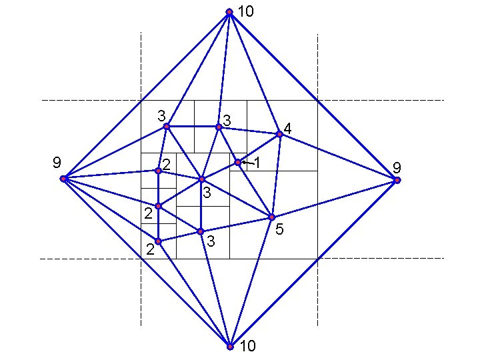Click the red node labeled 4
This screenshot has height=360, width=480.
point(279,134)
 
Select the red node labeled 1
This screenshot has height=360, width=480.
point(237,162)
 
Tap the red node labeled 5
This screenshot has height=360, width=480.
point(271,217)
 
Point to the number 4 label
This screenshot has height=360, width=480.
point(287,127)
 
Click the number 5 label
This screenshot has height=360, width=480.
point(279,230)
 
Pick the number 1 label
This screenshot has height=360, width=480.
point(257,162)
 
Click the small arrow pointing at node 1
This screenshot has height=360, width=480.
point(246,162)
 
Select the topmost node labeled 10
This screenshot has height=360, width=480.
point(229,12)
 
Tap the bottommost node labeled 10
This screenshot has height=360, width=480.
point(229,347)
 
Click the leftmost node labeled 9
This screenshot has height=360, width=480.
point(63,179)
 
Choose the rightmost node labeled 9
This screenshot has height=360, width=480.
point(397,180)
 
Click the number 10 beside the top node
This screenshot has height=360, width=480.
point(246,12)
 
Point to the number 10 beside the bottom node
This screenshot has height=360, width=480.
point(247,346)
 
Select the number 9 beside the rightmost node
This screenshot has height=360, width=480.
point(397,167)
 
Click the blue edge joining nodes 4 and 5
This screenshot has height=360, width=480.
point(275,175)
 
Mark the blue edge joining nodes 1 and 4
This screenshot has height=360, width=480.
point(259,148)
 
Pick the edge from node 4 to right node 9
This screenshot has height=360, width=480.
point(338,157)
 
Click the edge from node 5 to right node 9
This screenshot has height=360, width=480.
point(334,199)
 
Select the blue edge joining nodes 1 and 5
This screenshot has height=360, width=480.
point(254,189)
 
